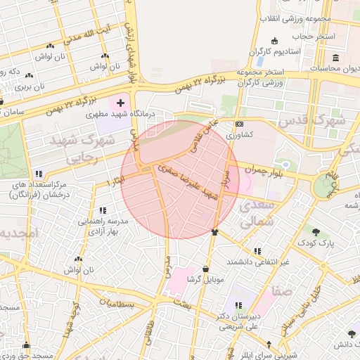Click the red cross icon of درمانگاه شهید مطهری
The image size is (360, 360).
pos(120,103)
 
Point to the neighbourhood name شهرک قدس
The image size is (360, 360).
pos(313,120)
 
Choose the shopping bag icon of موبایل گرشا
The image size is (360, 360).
pos(205,269)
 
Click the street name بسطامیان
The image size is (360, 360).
pos(117,304)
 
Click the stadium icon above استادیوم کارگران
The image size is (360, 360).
pos(274,40)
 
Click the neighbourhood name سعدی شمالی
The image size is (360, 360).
pos(255,214)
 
